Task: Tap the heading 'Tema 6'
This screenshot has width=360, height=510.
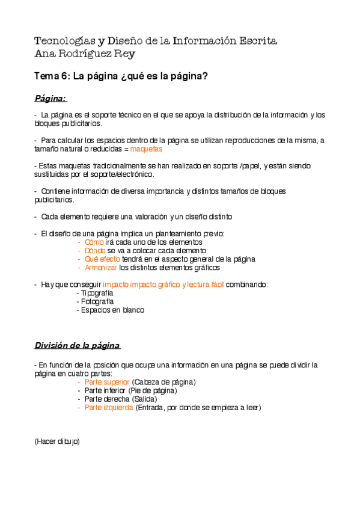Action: coord(52,76)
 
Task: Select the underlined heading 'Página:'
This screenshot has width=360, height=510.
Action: coord(50,97)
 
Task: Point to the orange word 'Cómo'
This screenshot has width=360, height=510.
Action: coord(94,242)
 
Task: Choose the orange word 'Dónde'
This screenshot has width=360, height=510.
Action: coord(95,250)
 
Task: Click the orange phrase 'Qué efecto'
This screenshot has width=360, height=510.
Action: coord(102,259)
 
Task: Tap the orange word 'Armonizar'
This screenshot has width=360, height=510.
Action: coord(101,267)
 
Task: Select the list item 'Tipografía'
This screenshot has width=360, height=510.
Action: coord(96,293)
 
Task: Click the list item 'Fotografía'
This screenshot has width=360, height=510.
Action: coord(96,301)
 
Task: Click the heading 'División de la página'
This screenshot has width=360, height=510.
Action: coord(77,345)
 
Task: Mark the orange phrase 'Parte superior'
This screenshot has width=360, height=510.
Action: coord(107,382)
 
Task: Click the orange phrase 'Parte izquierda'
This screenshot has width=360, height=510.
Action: coord(109,407)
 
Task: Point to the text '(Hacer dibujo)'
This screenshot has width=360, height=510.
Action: coord(57,441)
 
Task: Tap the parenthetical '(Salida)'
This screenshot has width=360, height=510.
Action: coord(143,399)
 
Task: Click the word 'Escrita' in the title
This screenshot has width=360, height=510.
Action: coord(258,41)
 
